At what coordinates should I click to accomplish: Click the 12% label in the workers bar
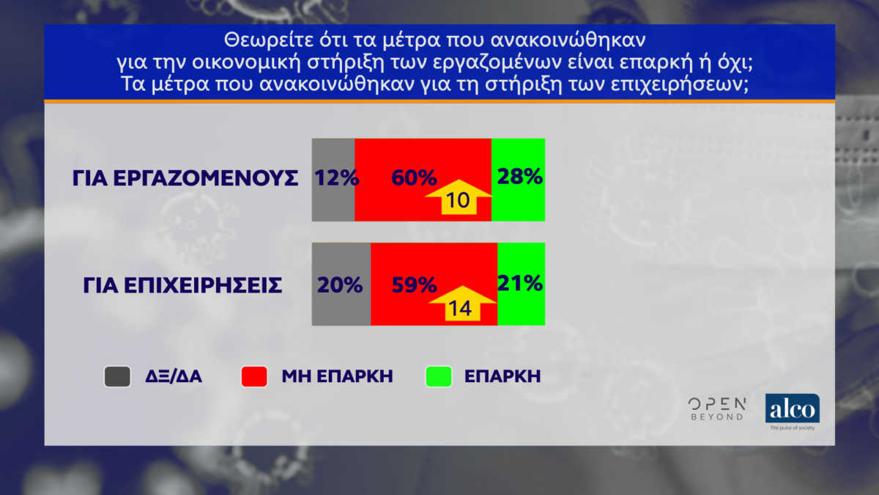[337, 177]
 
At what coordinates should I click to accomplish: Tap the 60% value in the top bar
[414, 177]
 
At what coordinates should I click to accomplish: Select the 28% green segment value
[520, 176]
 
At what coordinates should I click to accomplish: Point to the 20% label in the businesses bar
[340, 285]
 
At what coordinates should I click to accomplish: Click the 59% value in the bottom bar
[415, 285]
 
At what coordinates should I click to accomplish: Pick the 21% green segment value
[520, 283]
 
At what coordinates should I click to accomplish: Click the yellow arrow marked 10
[459, 197]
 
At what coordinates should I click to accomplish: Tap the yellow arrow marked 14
[463, 304]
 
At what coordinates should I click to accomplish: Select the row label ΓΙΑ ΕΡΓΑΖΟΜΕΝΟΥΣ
[185, 178]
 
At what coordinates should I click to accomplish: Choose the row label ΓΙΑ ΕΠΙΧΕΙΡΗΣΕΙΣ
[182, 285]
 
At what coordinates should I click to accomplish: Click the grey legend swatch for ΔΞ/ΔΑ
[117, 376]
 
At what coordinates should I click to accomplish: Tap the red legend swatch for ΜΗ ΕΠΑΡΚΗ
[254, 376]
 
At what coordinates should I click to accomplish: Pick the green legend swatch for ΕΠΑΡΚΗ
[439, 376]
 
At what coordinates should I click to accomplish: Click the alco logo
[793, 408]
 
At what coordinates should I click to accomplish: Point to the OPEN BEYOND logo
[717, 409]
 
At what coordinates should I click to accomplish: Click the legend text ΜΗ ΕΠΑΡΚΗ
[338, 376]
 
